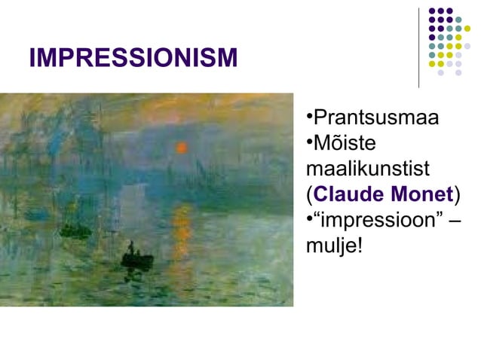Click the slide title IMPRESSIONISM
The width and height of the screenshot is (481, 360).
coord(133,57)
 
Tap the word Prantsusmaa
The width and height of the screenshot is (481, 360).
coord(376,118)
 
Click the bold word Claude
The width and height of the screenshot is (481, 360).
coord(349,194)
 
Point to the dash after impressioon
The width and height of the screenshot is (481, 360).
coord(456,219)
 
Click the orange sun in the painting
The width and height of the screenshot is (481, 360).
coord(181,148)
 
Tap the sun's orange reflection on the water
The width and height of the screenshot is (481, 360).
coord(182,226)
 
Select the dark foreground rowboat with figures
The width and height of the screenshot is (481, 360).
coord(137,259)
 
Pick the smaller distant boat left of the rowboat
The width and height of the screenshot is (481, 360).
coord(75,230)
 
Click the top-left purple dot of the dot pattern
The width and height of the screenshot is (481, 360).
coord(432,11)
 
